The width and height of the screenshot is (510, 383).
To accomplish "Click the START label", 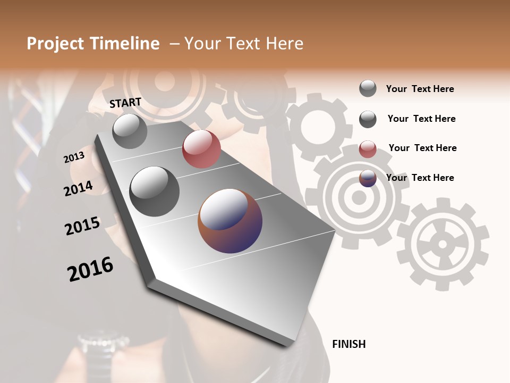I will point(125,103).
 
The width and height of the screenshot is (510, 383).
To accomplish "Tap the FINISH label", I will point(348,344).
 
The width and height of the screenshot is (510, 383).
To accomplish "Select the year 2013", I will point(74,157).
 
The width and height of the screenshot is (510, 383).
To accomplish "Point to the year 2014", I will point(78,189).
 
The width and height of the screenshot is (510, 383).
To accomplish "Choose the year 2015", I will point(82,226).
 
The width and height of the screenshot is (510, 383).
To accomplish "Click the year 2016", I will point(90,269).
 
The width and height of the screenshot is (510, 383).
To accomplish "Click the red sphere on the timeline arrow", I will point(201,149).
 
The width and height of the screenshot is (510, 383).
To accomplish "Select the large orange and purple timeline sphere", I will point(230,220).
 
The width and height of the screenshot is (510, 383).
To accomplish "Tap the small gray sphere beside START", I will point(130,131).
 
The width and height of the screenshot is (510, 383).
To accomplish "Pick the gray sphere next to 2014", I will point(154,191).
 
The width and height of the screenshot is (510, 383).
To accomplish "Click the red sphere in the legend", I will point(368,149).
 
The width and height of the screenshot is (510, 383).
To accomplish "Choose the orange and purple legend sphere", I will point(368,178).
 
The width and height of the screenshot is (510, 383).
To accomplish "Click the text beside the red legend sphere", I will point(422,148).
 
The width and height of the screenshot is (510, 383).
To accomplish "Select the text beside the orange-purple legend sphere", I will point(420,178).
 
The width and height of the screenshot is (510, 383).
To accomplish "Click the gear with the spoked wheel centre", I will point(443,244).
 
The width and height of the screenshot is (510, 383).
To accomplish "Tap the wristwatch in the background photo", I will point(98,346).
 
